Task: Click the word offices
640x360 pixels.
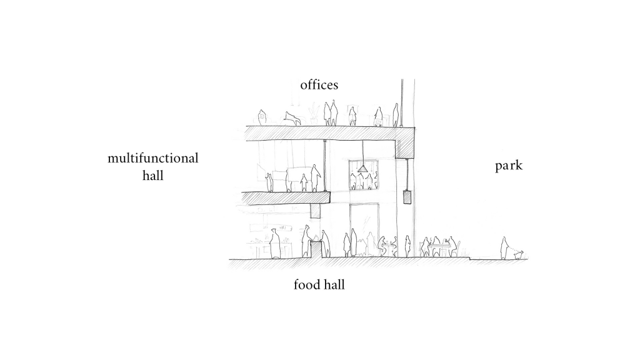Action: (319, 85)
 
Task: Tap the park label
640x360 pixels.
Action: (509, 166)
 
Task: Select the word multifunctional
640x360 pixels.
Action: (153, 158)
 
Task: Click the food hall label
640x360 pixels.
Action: (319, 284)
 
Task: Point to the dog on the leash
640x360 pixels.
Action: (519, 255)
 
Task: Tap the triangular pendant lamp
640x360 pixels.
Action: (362, 169)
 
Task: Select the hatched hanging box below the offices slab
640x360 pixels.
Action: (406, 197)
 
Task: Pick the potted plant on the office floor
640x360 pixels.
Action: (314, 115)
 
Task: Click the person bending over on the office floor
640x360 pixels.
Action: (293, 118)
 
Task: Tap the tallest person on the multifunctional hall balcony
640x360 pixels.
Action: (315, 178)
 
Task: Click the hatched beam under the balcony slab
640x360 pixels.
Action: (316, 211)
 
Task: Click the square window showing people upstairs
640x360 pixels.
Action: (363, 175)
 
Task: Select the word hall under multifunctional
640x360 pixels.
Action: (152, 176)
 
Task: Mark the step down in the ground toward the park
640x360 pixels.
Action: (470, 258)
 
